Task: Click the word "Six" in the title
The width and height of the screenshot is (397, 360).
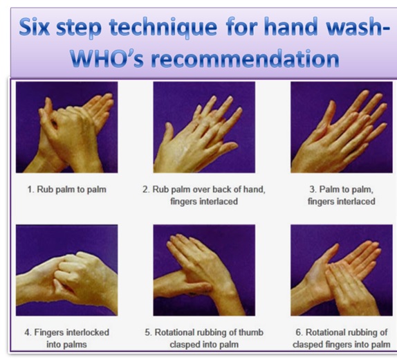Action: click(x=35, y=27)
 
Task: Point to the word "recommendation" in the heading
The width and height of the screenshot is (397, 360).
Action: click(x=245, y=58)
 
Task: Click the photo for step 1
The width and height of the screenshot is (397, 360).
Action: click(x=67, y=127)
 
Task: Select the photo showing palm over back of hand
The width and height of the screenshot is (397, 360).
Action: click(x=204, y=127)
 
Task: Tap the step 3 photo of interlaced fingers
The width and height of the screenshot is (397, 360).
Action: click(x=342, y=127)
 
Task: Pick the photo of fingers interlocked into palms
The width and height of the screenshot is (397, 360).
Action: click(x=67, y=270)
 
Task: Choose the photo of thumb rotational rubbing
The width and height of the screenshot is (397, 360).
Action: click(x=204, y=270)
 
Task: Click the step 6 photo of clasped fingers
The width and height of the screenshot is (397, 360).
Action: click(x=342, y=270)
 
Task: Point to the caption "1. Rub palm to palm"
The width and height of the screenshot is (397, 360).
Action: click(x=67, y=190)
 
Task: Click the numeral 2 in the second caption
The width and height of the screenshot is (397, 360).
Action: click(x=145, y=190)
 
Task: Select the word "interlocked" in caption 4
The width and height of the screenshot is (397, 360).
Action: click(x=87, y=332)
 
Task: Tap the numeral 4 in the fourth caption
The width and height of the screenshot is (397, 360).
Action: click(x=26, y=332)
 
